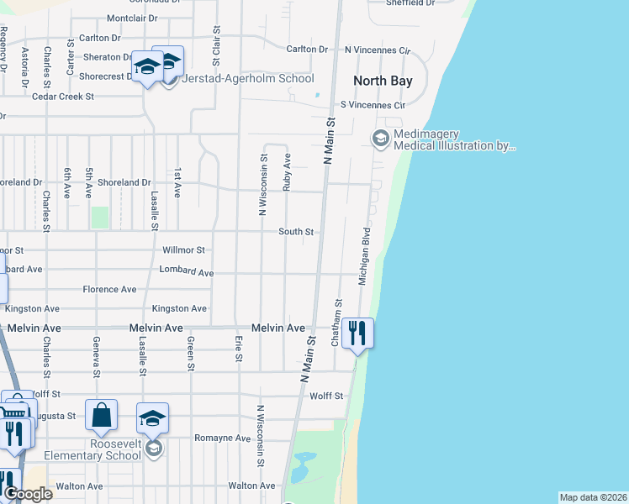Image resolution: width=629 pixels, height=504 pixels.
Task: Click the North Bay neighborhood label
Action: pos(383,81)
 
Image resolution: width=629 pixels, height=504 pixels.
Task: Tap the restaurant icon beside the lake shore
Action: pos(357,333)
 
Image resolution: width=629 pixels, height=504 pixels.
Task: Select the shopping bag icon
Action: pos(101,415)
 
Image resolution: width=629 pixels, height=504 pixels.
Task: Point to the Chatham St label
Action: pos(337,323)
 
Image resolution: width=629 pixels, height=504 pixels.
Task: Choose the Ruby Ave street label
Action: pos(287,171)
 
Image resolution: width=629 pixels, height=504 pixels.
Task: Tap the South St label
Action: pos(297,232)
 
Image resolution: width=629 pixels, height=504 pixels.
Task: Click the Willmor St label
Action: pos(183,250)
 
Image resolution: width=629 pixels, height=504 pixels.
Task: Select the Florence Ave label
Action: pos(109,289)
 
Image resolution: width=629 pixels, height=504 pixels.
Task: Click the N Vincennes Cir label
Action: pos(376,50)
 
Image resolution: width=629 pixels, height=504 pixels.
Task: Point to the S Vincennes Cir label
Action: pos(373,106)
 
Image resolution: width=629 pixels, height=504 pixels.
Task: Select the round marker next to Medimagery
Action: pos(380,138)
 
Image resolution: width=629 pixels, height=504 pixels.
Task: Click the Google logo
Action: pos(27,493)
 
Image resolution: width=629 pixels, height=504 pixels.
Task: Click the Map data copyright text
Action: pos(593,497)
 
